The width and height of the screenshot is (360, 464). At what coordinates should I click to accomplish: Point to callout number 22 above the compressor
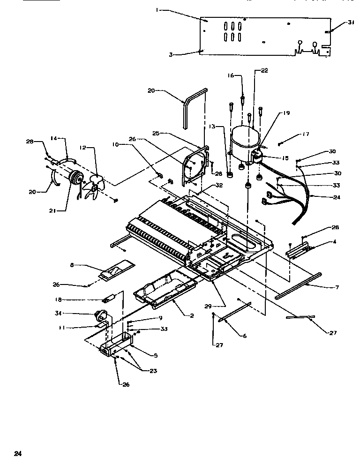(264, 71)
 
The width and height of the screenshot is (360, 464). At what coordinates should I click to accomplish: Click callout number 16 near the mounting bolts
(231, 75)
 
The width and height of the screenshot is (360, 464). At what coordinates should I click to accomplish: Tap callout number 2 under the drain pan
(191, 315)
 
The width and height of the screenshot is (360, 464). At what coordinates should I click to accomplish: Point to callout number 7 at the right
(337, 287)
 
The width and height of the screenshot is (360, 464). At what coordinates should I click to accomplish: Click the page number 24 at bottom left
(18, 453)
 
